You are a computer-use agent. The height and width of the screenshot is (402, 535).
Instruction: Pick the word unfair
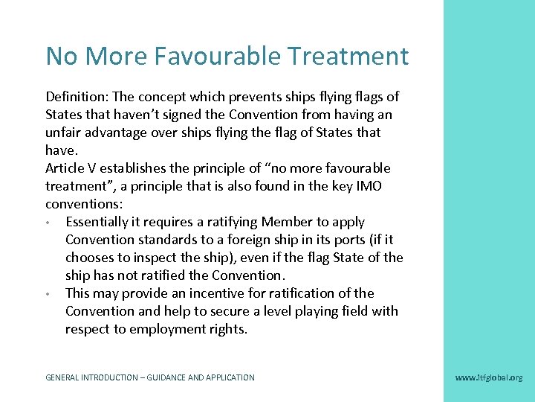pyautogui.click(x=65, y=133)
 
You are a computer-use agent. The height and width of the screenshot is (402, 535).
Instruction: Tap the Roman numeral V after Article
pyautogui.click(x=98, y=168)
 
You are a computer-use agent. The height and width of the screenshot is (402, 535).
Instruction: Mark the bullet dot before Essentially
pyautogui.click(x=48, y=223)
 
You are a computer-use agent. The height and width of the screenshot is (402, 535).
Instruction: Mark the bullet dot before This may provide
pyautogui.click(x=48, y=294)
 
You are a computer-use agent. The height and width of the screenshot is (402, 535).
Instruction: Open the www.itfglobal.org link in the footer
pyautogui.click(x=488, y=377)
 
